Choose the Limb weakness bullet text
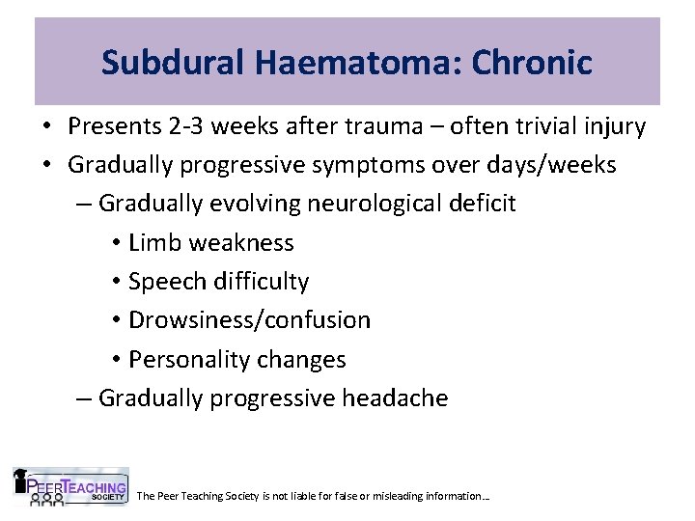point(210,242)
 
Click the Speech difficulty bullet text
point(218,282)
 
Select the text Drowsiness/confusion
point(249,320)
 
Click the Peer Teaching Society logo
point(69,487)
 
